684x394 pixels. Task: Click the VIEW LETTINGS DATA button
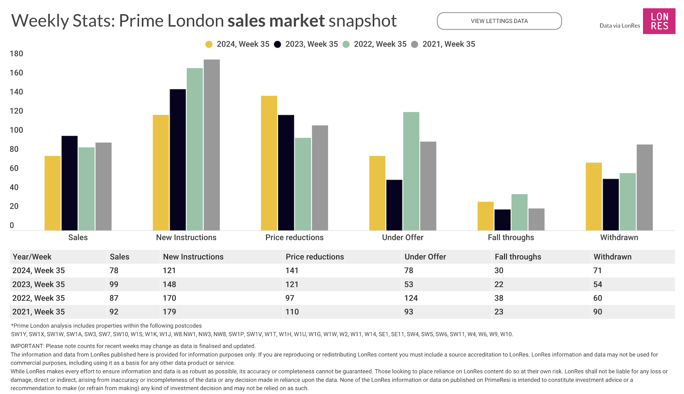499,21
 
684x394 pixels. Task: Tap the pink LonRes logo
659,21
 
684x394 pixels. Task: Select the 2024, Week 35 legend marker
209,44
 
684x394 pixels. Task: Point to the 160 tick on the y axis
16,73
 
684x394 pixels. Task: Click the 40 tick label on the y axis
14,188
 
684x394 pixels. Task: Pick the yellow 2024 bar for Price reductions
269,163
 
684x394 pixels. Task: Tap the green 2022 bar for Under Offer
411,171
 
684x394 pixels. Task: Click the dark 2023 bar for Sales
69,183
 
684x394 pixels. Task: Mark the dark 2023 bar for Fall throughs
502,220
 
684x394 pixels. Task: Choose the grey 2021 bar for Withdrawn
644,187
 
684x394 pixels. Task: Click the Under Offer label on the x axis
403,238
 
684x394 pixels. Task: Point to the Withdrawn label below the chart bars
619,238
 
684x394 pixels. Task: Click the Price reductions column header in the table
315,257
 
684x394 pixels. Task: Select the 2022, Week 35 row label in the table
38,298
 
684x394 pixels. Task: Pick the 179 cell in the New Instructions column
169,312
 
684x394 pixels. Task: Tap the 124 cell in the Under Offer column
411,298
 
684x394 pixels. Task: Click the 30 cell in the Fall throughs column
499,270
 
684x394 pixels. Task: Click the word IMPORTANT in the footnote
27,346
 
